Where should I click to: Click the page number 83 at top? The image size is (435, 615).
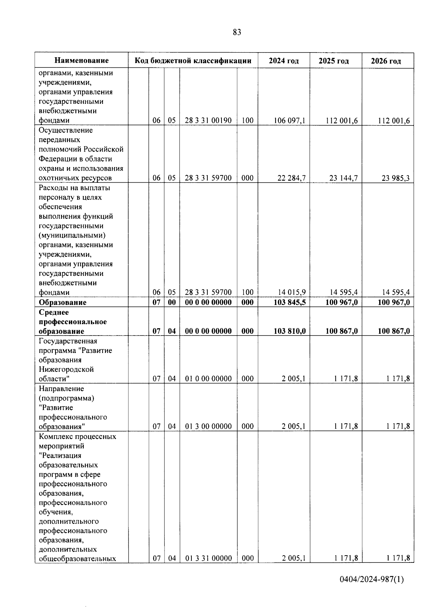pyautogui.click(x=237, y=32)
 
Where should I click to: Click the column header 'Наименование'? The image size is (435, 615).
pyautogui.click(x=82, y=61)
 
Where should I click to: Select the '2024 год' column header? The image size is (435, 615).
pyautogui.click(x=283, y=61)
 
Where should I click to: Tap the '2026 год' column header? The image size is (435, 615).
pyautogui.click(x=386, y=61)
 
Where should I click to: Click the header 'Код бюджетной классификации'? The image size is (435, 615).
pyautogui.click(x=193, y=61)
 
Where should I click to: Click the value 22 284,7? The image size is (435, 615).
pyautogui.click(x=291, y=178)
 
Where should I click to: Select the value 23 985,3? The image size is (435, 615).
pyautogui.click(x=395, y=178)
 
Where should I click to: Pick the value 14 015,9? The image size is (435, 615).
pyautogui.click(x=291, y=292)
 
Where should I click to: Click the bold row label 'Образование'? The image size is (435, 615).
pyautogui.click(x=63, y=302)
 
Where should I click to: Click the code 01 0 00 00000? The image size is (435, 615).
pyautogui.click(x=208, y=379)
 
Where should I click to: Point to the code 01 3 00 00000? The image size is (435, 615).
pyautogui.click(x=208, y=427)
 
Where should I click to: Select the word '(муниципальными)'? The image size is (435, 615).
pyautogui.click(x=72, y=235)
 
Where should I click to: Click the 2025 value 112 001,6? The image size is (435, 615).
pyautogui.click(x=341, y=121)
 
